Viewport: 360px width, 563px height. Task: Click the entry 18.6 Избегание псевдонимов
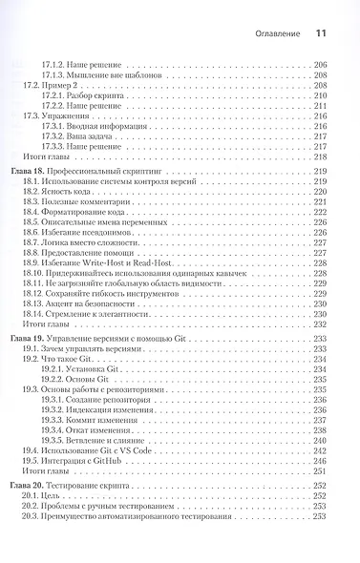tap(95, 232)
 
